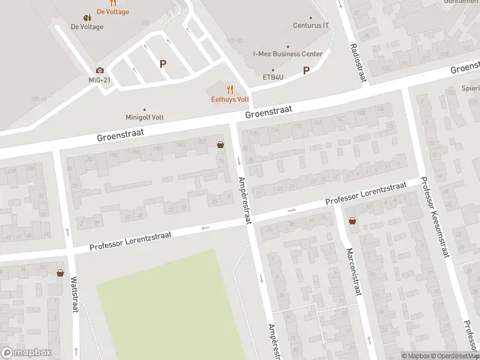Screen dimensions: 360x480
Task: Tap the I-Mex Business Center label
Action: [x=287, y=54]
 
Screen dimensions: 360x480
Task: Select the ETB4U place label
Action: [x=273, y=77]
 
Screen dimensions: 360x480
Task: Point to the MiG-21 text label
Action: [x=100, y=80]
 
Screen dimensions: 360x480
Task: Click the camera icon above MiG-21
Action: [x=100, y=70]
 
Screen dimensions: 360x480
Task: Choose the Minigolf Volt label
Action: [x=145, y=117]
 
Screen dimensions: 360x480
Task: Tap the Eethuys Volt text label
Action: [x=230, y=99]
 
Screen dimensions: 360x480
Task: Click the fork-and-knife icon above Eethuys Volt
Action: [x=230, y=89]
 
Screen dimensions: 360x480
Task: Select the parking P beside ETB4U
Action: [x=306, y=70]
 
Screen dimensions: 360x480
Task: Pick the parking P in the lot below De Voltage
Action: [x=163, y=63]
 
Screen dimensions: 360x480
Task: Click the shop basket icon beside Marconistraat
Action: [x=352, y=221]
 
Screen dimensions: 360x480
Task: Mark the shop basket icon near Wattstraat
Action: [x=60, y=273]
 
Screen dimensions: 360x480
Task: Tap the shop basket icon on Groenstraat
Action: [x=220, y=144]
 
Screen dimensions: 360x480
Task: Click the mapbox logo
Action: [x=26, y=353]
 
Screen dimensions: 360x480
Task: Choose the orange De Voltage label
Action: [x=112, y=12]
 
